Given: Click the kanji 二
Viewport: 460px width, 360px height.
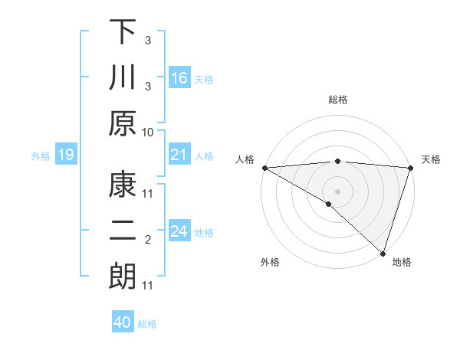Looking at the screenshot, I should [123, 231].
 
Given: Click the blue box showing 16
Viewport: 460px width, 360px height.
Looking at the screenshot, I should [179, 77].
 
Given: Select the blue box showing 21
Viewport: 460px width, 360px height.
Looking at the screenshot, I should [179, 155].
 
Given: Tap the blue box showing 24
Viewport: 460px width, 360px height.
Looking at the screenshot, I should [179, 231].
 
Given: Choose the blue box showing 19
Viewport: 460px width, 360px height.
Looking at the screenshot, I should [65, 155].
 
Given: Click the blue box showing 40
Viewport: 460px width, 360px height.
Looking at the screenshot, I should [123, 322].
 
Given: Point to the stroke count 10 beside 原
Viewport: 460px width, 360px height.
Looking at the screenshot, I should [148, 132].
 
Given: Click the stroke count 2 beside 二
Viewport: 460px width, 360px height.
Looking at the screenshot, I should [148, 240].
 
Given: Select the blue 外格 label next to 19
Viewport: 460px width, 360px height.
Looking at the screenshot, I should [41, 156].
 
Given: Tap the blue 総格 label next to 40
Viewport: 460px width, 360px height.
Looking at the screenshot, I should [147, 324].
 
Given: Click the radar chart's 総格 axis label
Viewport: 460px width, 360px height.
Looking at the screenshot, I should [338, 100].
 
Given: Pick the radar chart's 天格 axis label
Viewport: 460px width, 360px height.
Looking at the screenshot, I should [431, 159].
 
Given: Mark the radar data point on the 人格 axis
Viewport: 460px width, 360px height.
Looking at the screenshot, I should [264, 168].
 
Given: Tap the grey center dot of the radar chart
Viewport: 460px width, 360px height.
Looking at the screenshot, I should [337, 191].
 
